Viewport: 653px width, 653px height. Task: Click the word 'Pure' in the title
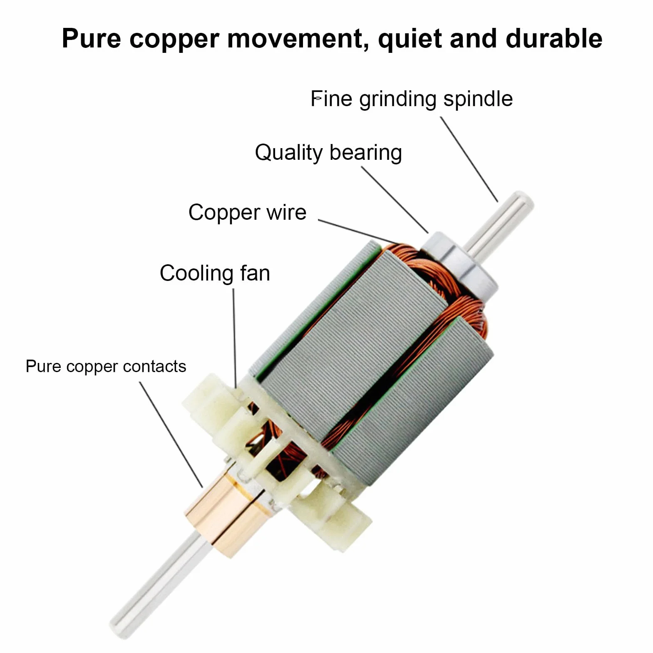92,39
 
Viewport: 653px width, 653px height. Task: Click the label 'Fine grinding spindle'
412,99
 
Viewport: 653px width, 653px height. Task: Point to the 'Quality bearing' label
328,153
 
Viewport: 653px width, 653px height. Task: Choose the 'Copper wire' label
247,213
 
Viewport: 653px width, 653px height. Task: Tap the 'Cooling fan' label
215,273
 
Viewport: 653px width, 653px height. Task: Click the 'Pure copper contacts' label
106,367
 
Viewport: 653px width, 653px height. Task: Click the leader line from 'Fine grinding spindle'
469,159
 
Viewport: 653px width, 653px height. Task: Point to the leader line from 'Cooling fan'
234,338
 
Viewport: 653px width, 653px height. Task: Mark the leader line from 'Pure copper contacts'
171,435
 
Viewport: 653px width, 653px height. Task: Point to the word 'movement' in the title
298,39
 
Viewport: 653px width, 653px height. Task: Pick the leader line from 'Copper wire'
358,232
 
